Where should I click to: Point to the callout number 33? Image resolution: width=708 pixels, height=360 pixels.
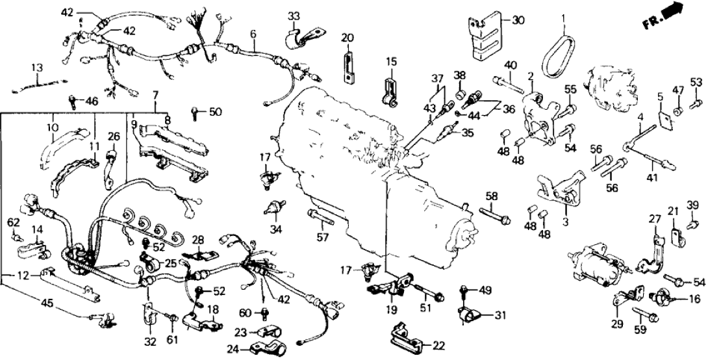click(x=294, y=16)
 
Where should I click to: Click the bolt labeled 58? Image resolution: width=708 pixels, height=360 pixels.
click(x=494, y=214)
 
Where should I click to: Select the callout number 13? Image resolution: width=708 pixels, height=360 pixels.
click(x=37, y=68)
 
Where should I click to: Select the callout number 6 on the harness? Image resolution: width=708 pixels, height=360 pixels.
click(x=253, y=34)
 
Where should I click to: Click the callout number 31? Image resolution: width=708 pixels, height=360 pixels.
click(x=499, y=316)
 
